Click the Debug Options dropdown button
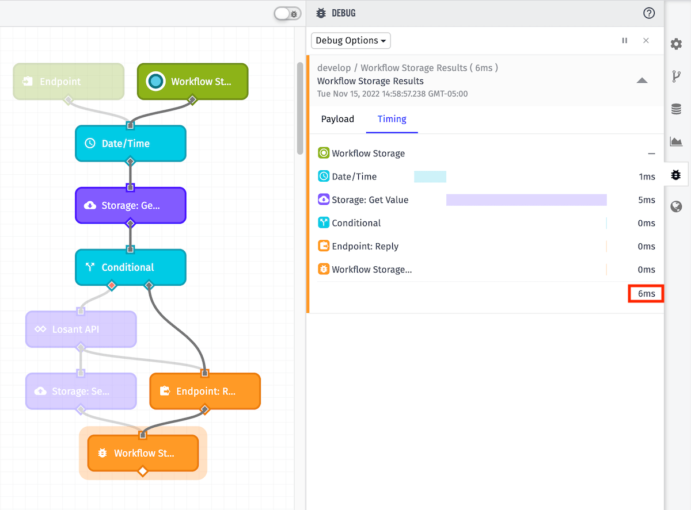point(351,41)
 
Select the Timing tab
point(392,119)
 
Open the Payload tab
point(337,119)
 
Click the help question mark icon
point(649,13)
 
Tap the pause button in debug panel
point(625,41)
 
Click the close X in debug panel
point(646,41)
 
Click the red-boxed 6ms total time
point(646,294)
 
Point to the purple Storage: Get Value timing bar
point(526,200)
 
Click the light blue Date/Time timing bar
point(430,177)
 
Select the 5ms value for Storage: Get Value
point(647,200)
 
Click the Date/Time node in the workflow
point(131,144)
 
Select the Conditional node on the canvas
point(131,267)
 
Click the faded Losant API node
point(81,329)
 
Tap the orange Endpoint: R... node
point(205,392)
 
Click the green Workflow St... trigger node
point(192,82)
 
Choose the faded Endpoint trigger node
point(69,82)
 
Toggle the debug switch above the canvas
point(287,14)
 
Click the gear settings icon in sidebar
point(677,44)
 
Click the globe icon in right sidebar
point(677,207)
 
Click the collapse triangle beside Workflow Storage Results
point(642,81)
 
